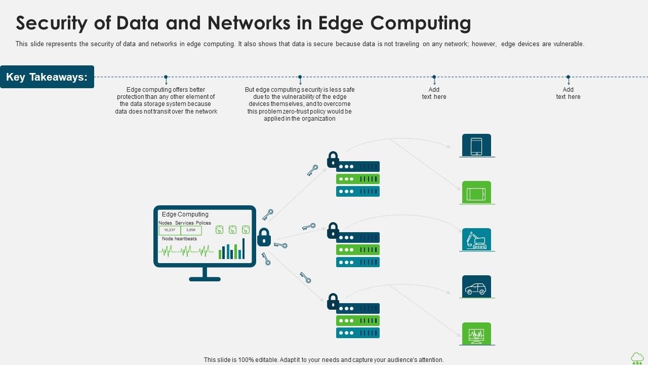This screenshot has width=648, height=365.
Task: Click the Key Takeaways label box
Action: (x=47, y=77)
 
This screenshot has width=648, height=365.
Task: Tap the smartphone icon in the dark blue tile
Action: (x=476, y=145)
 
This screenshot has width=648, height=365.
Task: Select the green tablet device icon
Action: (x=476, y=193)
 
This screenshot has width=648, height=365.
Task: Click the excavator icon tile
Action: (x=476, y=240)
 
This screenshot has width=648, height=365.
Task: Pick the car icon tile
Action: (x=476, y=287)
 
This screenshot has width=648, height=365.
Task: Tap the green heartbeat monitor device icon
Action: (x=476, y=334)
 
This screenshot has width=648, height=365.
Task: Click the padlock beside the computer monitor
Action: (x=264, y=237)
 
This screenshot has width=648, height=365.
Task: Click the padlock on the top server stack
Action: (x=333, y=160)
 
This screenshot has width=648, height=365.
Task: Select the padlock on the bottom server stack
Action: (x=333, y=302)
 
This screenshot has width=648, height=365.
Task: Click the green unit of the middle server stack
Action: (x=357, y=250)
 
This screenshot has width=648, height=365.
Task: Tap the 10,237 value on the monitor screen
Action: (x=170, y=230)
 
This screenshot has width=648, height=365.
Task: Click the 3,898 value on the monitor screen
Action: (x=191, y=230)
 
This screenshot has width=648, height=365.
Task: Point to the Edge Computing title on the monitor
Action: (x=185, y=214)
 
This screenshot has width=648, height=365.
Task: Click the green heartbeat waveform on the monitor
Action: (x=185, y=250)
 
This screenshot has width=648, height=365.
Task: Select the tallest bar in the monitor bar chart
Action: (x=244, y=248)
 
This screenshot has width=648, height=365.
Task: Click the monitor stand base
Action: (x=205, y=279)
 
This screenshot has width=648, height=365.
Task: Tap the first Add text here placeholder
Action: (x=434, y=93)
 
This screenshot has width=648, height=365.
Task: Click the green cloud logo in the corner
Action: (x=637, y=358)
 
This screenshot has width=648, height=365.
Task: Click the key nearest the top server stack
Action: (x=312, y=170)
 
